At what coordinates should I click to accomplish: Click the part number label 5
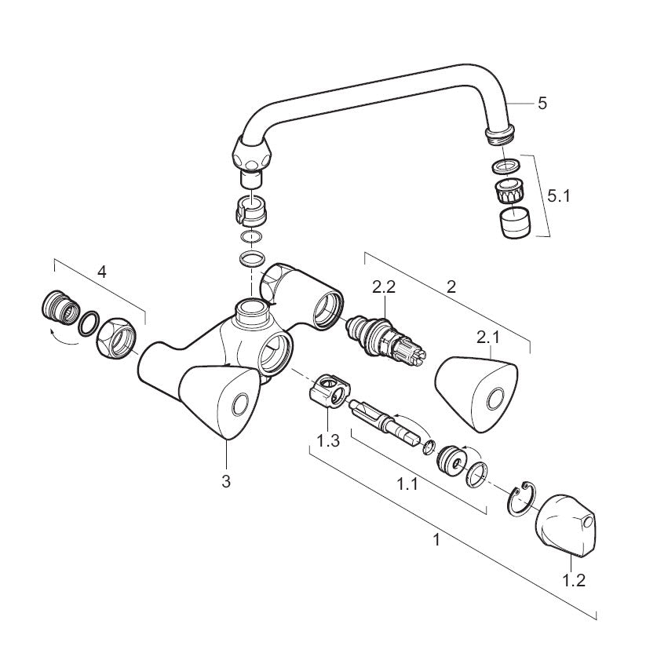(542, 103)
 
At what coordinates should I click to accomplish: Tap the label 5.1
(560, 195)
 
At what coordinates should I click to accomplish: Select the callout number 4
(101, 272)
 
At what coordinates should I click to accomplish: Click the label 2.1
(487, 338)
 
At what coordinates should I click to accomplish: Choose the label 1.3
(328, 440)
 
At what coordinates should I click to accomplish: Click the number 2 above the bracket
(451, 287)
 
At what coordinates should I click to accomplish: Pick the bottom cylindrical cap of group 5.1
(515, 224)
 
